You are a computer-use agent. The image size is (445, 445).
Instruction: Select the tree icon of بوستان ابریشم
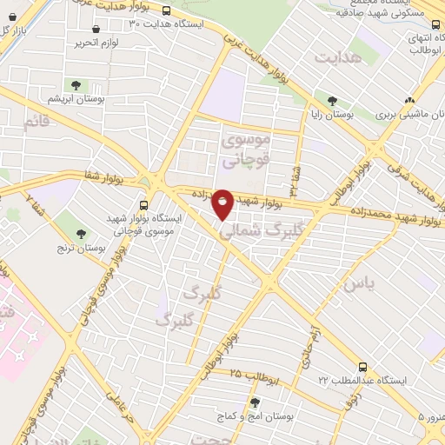76,85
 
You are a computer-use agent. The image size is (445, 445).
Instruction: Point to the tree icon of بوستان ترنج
81,233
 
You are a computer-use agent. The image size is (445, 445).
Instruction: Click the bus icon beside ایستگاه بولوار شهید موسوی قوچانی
143,205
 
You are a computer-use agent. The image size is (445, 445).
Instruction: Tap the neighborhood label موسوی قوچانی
247,149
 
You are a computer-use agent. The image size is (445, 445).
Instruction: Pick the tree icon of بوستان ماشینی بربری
382,114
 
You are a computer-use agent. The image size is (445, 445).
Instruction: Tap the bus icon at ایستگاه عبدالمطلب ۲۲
362,367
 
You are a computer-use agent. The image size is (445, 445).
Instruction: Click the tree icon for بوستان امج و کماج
255,402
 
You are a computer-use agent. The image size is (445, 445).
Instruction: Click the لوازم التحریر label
96,42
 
